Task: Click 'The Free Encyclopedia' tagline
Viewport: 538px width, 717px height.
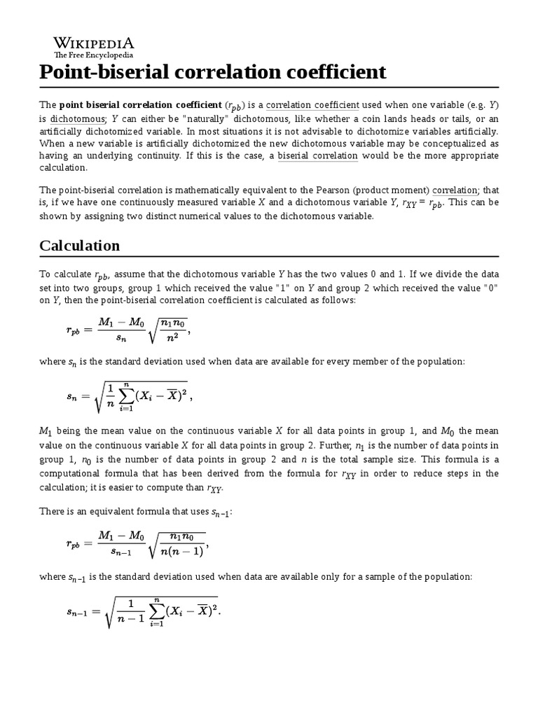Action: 94,55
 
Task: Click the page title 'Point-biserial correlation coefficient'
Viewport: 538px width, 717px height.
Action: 213,72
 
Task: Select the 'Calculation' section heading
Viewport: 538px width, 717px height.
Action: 80,246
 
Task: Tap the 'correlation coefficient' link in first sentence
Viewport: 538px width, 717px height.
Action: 312,104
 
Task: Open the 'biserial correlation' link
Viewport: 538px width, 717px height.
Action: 317,155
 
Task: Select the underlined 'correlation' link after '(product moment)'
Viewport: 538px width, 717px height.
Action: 454,190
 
